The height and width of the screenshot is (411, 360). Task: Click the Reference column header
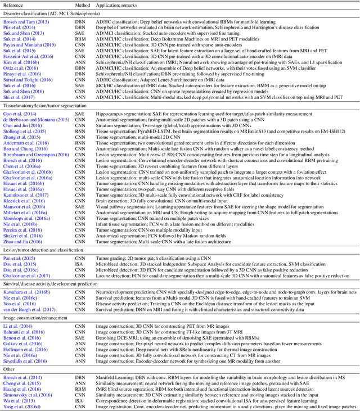coord(16,4)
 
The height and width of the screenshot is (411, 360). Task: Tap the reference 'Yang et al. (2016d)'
coord(22,406)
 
